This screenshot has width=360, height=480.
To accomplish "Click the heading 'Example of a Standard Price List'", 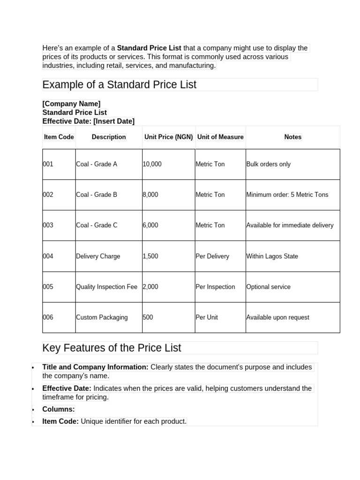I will point(119,85).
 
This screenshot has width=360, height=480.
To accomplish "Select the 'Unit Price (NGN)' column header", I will point(168,137).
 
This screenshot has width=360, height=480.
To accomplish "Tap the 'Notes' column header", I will point(292,137).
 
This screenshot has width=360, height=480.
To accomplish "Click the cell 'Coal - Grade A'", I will point(97,165).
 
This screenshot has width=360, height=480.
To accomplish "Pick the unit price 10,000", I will point(152,165).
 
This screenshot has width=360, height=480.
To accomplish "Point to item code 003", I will point(48,225).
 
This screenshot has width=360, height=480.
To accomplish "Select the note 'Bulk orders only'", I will point(268,165).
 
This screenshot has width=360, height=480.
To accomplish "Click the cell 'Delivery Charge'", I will point(98,256).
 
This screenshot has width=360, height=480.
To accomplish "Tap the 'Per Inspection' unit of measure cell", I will point(215,287).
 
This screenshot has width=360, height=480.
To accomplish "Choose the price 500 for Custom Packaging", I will point(148,317).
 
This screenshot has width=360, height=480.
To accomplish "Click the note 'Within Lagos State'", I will point(272,256).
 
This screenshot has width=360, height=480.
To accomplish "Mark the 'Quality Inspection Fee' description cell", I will point(106,287).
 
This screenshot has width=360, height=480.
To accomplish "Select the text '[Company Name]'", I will point(71,104).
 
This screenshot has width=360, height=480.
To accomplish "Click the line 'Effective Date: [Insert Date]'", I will point(88,121).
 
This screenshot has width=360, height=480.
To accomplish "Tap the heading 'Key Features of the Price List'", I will point(112,348).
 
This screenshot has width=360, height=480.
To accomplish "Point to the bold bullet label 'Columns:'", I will point(59,409).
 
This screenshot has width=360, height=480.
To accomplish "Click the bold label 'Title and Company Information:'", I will point(95,367).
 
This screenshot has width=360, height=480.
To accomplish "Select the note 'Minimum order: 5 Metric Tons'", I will point(287,195).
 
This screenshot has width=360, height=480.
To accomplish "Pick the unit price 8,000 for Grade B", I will point(150,195).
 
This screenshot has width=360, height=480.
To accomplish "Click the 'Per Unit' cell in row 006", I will point(207,317).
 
